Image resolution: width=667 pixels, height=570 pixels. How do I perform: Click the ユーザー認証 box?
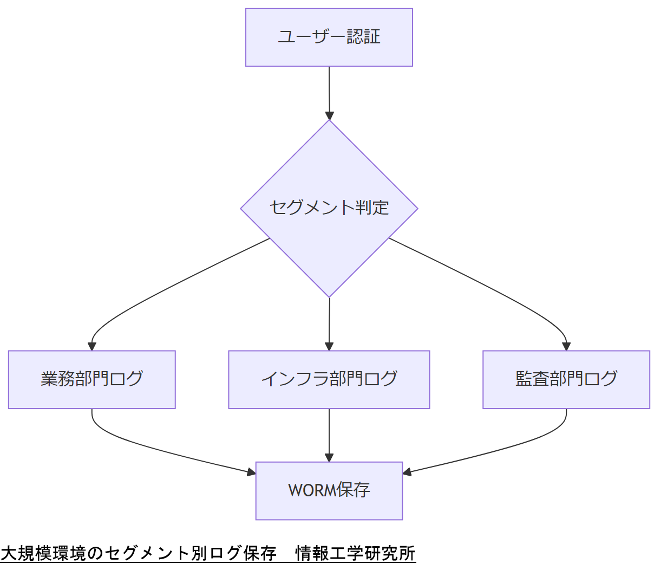tap(329, 37)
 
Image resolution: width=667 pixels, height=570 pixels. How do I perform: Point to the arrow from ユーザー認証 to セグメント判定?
tap(329, 92)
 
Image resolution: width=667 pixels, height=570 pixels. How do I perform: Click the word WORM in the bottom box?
tap(312, 490)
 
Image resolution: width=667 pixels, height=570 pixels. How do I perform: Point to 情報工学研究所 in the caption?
tap(355, 554)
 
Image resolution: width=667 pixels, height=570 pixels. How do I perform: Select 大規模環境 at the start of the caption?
tap(43, 554)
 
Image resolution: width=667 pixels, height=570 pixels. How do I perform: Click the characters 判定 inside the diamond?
tap(372, 208)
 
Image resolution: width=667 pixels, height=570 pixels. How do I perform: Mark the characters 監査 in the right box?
tap(532, 379)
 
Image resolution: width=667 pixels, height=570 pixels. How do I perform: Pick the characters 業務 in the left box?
tap(57, 379)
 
